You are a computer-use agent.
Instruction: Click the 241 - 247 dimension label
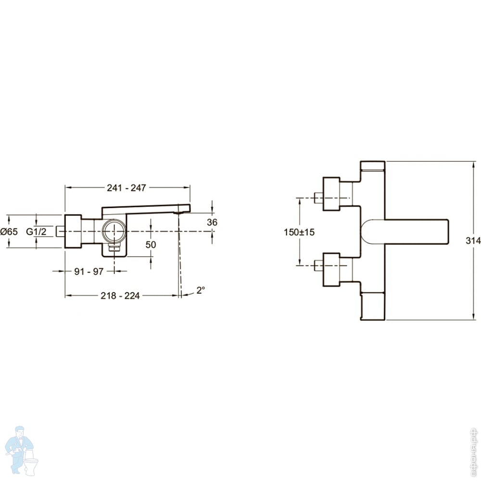tap(127, 188)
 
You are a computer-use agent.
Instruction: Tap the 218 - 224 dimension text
tap(120, 296)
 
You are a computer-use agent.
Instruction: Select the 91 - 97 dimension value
tap(89, 271)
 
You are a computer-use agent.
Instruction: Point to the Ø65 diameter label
tap(9, 232)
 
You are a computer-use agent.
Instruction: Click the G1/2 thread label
tap(36, 232)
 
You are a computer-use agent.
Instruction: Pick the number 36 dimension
tap(212, 222)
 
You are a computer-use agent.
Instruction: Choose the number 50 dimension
tap(151, 244)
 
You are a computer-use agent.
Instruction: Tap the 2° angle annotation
tap(201, 290)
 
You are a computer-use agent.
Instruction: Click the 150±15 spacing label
tap(299, 232)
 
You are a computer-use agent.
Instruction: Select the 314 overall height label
tap(473, 241)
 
